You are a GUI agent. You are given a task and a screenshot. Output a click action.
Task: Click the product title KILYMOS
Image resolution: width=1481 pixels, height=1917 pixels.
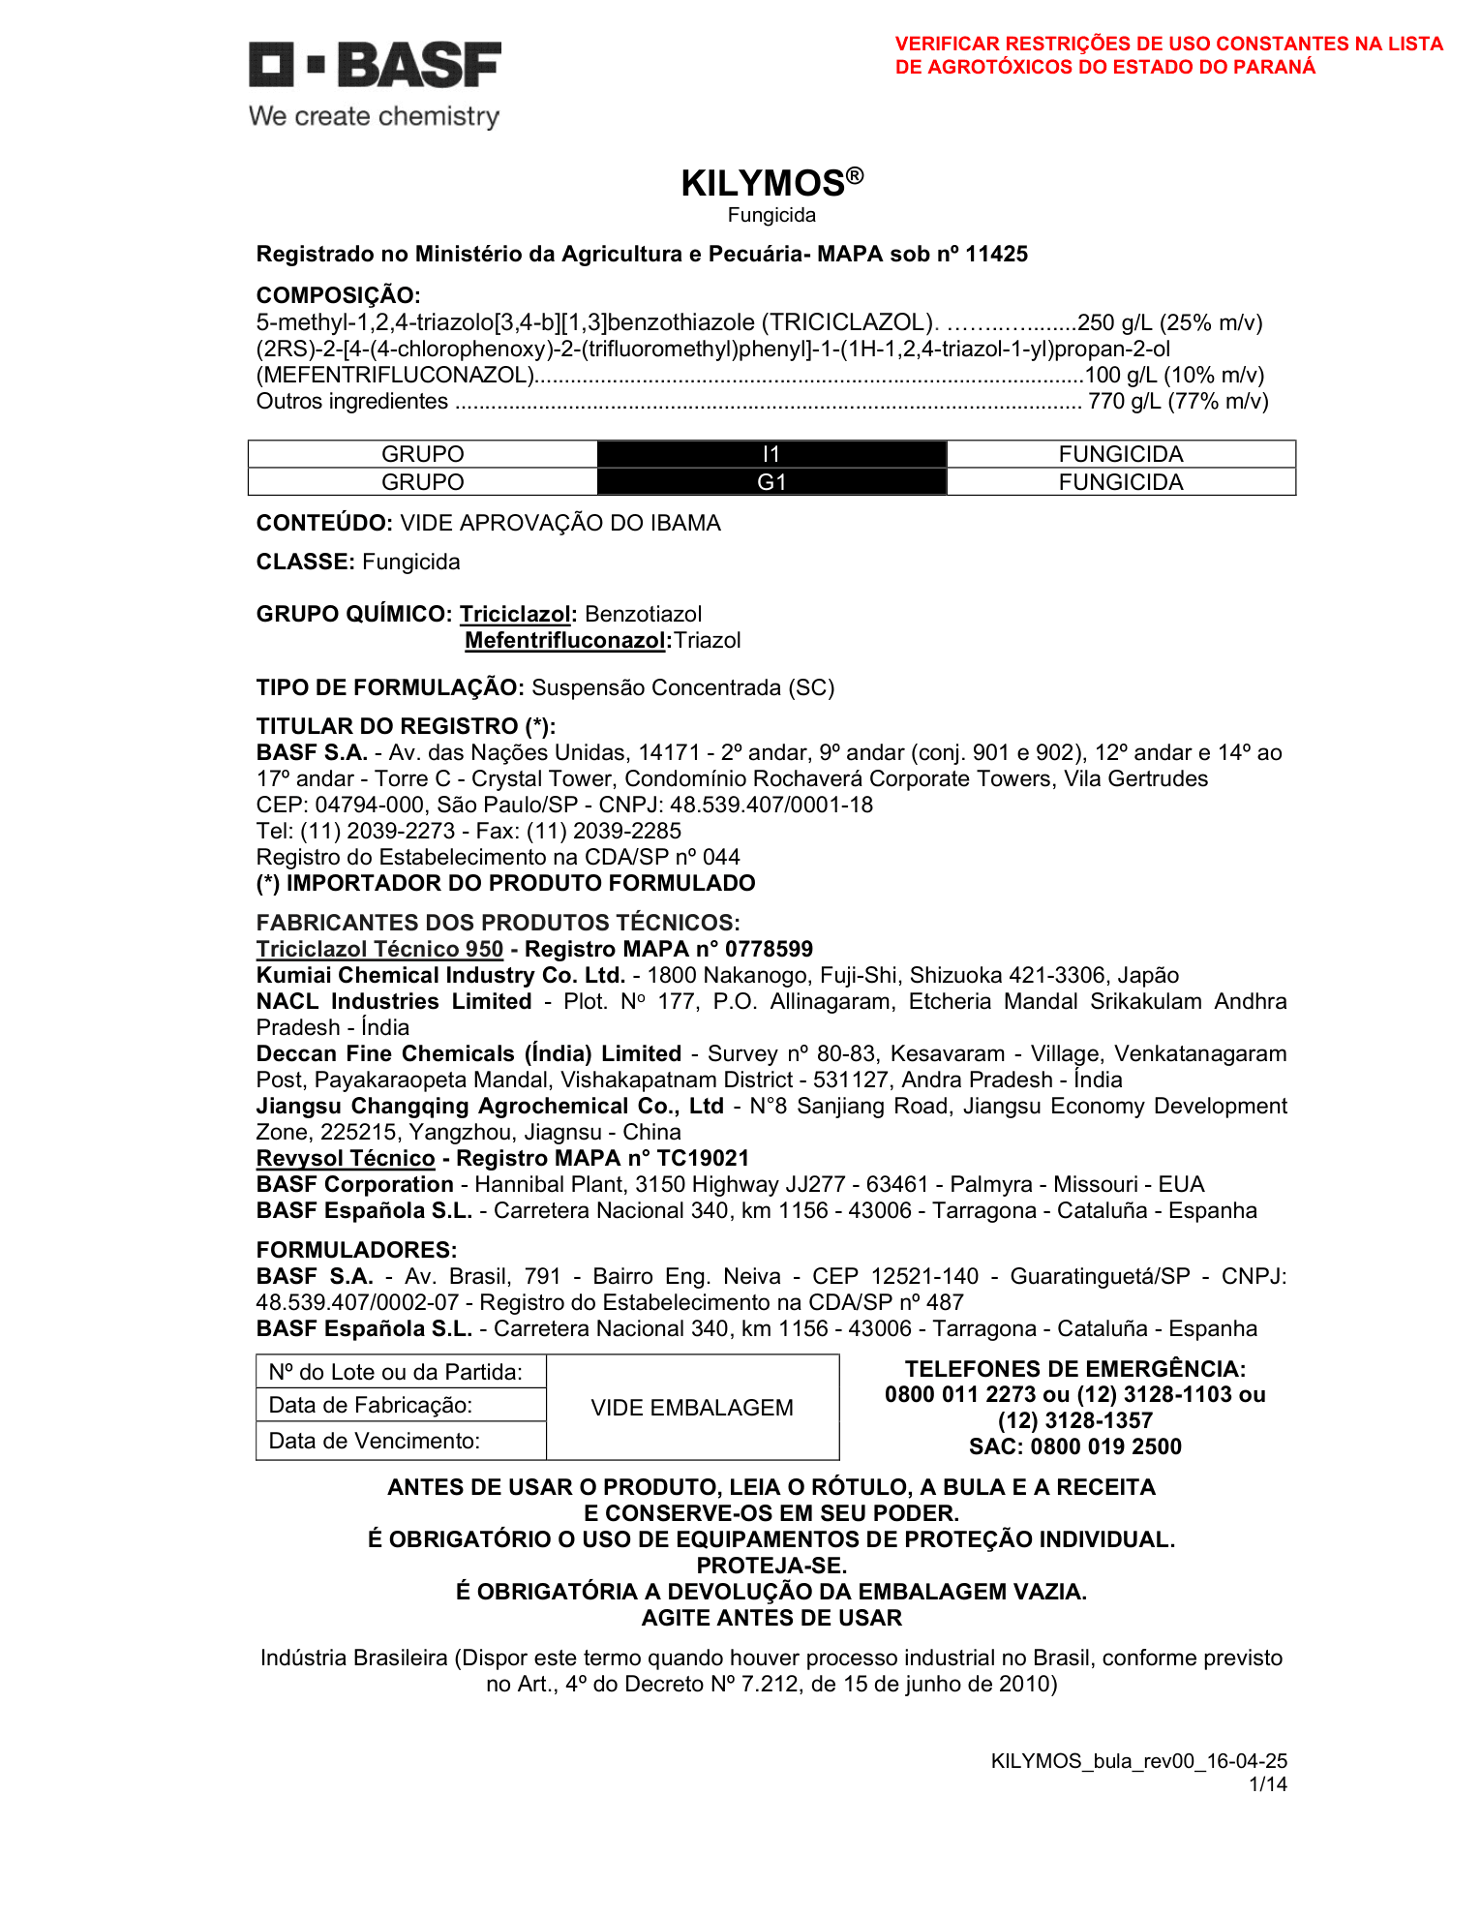(764, 183)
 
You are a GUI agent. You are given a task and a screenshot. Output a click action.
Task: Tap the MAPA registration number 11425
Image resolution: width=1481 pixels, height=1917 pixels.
(996, 255)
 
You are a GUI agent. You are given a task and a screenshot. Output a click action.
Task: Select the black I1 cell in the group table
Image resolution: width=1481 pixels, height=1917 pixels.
(771, 454)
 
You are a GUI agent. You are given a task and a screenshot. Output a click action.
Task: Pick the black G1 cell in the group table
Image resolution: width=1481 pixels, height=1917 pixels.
(771, 482)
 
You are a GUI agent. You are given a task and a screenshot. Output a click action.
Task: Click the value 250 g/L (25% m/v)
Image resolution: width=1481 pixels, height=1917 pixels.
(1169, 322)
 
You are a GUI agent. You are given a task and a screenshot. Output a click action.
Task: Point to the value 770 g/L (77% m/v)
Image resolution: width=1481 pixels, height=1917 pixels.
(1177, 402)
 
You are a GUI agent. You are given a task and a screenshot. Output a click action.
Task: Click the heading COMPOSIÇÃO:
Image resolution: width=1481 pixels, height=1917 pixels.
(338, 295)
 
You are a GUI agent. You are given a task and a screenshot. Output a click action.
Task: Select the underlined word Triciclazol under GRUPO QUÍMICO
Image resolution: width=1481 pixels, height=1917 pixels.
(515, 614)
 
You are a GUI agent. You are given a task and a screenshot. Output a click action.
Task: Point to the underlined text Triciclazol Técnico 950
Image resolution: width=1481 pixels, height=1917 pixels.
(379, 949)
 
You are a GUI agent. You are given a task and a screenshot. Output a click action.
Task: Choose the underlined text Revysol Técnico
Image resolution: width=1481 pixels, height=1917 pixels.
(346, 1158)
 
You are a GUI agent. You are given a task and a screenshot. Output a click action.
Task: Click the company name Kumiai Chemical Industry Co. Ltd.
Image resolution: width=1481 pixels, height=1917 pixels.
(440, 975)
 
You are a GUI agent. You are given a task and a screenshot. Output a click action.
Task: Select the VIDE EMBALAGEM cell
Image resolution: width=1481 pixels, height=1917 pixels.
(692, 1408)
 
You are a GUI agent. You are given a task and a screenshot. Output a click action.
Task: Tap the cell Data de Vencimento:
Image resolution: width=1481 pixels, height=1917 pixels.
(374, 1441)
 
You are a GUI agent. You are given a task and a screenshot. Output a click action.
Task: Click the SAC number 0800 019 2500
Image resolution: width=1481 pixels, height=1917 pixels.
(1105, 1446)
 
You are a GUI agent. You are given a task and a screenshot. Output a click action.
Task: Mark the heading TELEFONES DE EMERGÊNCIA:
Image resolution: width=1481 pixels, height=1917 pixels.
(1074, 1369)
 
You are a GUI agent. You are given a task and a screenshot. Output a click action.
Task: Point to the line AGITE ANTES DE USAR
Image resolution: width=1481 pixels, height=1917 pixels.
(771, 1618)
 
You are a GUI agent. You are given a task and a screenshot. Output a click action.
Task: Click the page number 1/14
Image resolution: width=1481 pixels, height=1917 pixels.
(1268, 1783)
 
